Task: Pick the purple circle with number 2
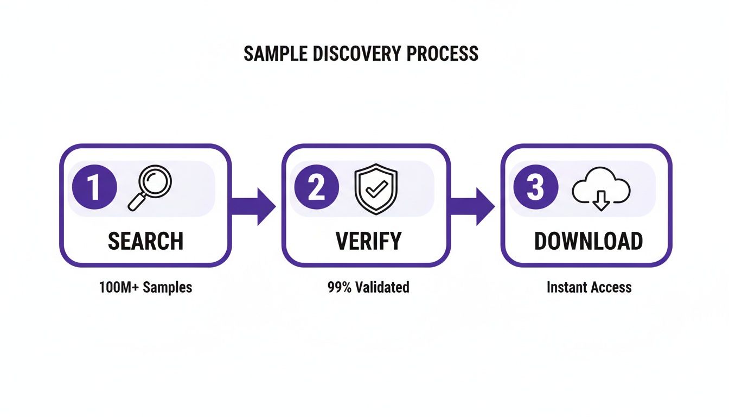coord(317,187)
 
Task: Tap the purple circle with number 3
coord(535,187)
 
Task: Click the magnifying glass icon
coord(149,188)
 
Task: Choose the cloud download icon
coord(601,192)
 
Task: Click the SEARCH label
coord(145,241)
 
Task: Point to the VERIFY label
coord(369,241)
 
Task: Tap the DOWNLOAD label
coord(589,241)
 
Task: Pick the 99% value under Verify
coord(339,287)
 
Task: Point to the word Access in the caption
coord(611,287)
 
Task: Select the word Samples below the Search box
coord(167,287)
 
